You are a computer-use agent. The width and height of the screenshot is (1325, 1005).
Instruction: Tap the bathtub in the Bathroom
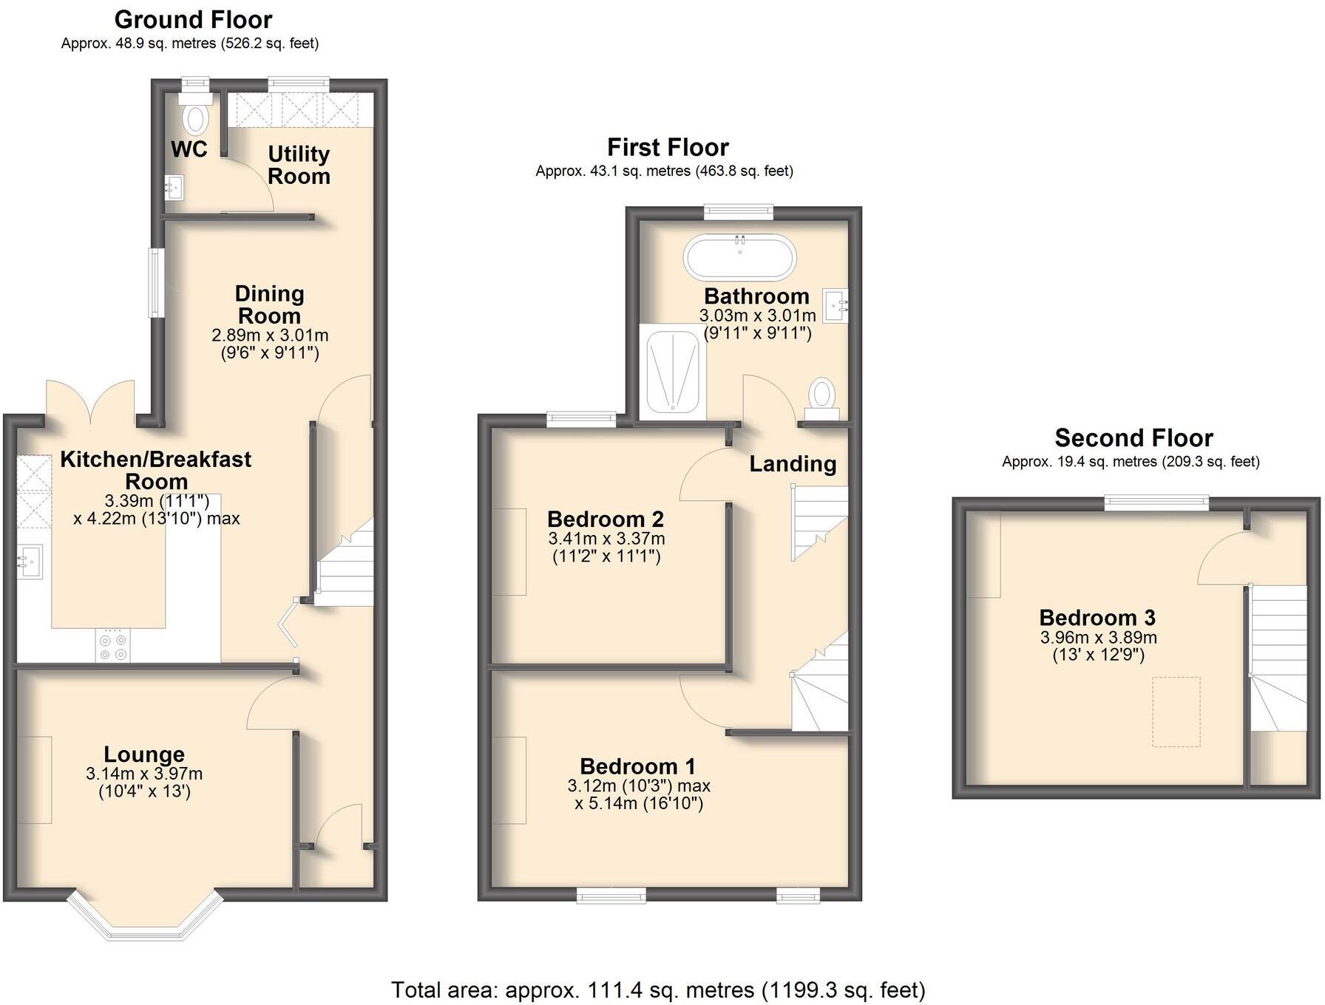click(739, 257)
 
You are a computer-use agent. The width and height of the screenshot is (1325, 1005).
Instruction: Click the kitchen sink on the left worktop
click(30, 562)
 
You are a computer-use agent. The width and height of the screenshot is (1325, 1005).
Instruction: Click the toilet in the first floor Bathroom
click(821, 395)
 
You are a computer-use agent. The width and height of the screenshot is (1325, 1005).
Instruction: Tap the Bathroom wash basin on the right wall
click(836, 304)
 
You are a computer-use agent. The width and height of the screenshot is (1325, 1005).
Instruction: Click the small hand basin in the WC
click(175, 187)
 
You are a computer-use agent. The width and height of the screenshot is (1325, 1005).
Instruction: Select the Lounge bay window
click(145, 919)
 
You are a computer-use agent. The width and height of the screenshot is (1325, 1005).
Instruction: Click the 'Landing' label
click(793, 464)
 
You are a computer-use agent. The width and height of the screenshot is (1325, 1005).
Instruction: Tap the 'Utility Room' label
click(299, 165)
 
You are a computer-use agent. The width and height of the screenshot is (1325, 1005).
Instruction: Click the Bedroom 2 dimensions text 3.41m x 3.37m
click(606, 539)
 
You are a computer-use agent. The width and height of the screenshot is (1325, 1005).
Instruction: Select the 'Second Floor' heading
click(1133, 438)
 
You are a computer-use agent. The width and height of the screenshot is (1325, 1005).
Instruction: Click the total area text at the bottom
click(657, 989)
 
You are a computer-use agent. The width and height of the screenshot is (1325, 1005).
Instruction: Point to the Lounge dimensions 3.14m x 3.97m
click(144, 774)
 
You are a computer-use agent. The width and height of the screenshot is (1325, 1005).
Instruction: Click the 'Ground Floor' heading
click(193, 19)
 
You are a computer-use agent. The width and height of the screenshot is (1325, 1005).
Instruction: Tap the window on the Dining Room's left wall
click(155, 283)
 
